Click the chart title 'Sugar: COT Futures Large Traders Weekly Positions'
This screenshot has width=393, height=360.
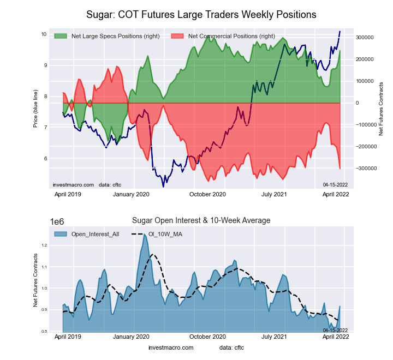pyautogui.click(x=201, y=13)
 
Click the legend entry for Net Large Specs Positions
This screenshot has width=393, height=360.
pyautogui.click(x=115, y=37)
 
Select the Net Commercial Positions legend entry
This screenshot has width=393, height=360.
pyautogui.click(x=231, y=37)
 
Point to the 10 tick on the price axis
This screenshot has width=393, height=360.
pyautogui.click(x=43, y=34)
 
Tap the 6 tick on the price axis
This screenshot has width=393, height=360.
pyautogui.click(x=44, y=159)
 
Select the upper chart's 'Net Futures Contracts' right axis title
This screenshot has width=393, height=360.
pyautogui.click(x=381, y=109)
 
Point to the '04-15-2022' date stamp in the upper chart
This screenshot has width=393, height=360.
pyautogui.click(x=335, y=185)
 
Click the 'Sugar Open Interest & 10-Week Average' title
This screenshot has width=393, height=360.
pyautogui.click(x=201, y=220)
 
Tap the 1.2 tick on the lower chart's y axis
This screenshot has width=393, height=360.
pyautogui.click(x=44, y=245)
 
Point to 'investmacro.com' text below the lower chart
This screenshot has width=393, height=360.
pyautogui.click(x=171, y=347)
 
